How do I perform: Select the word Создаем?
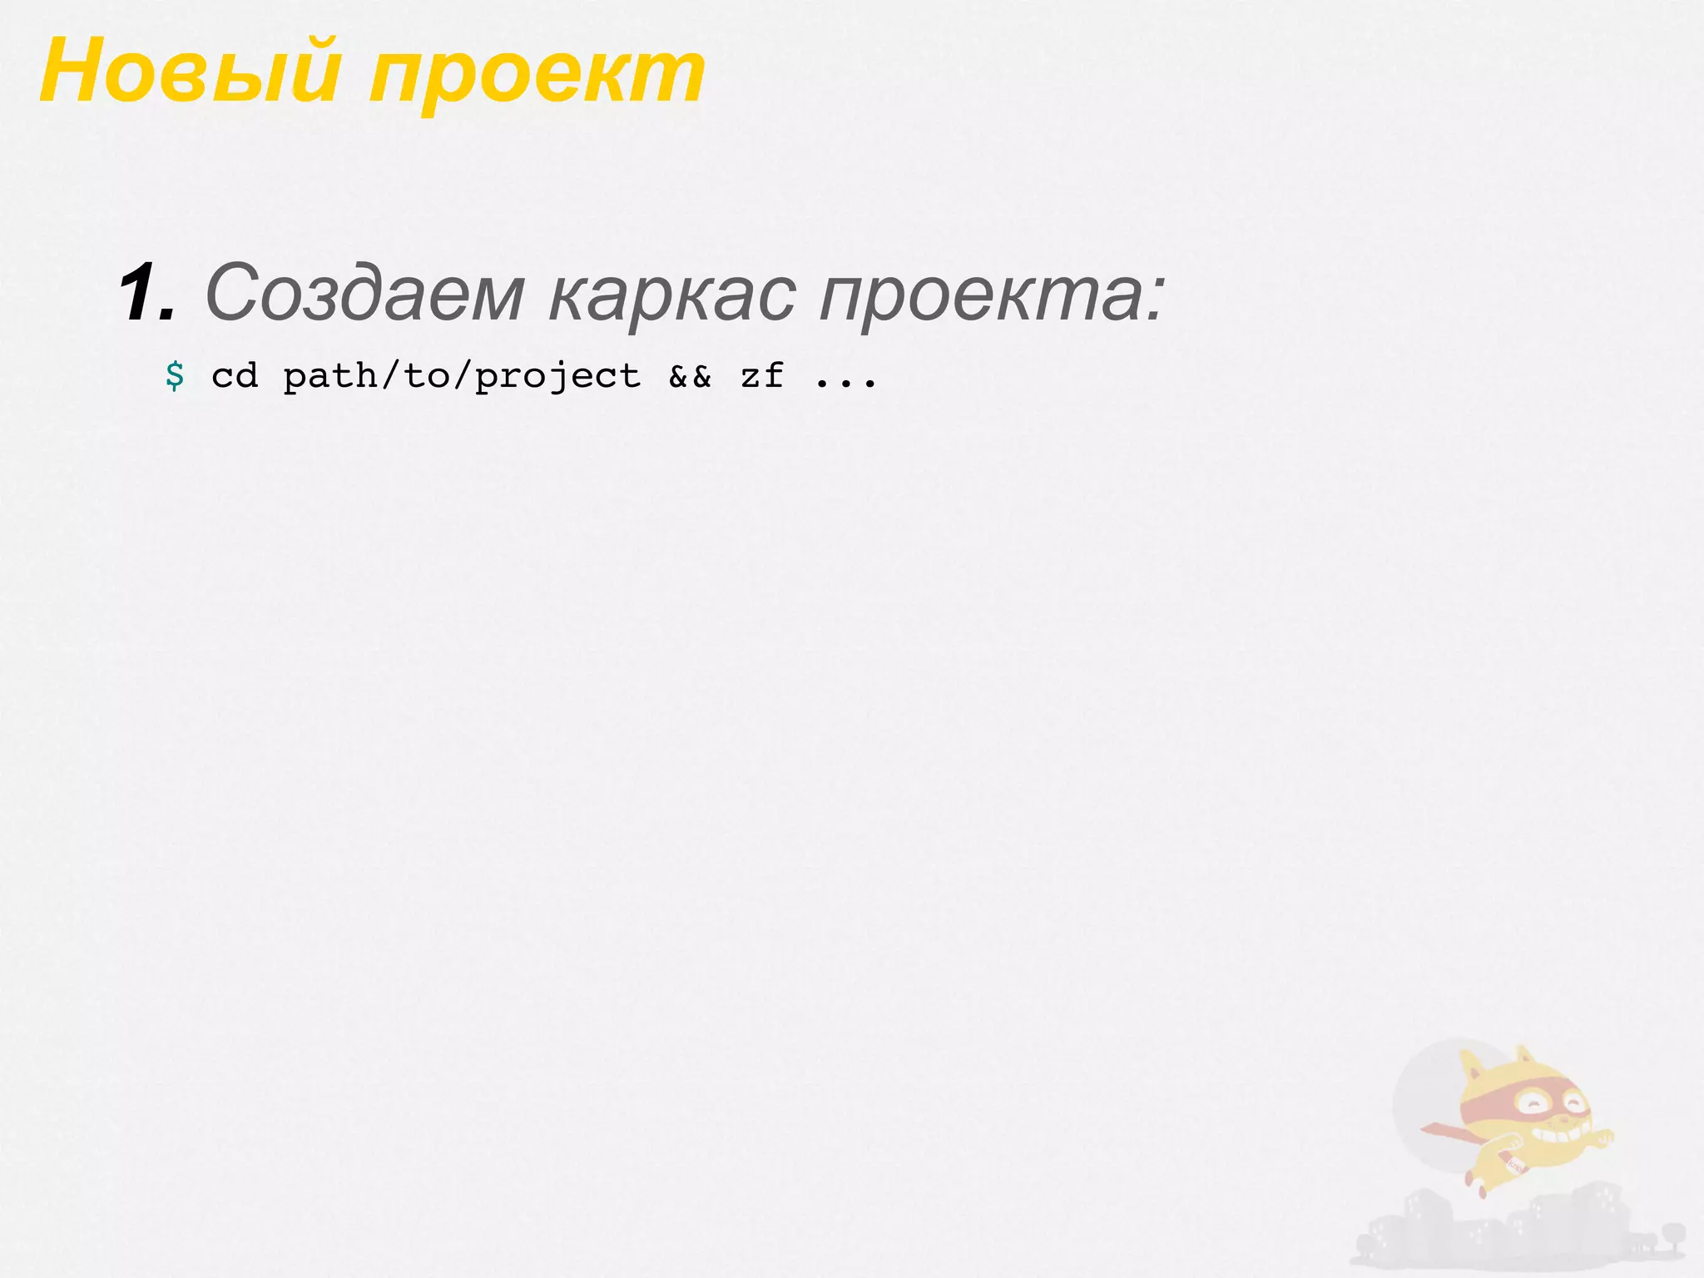click(x=364, y=293)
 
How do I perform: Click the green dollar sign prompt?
click(x=175, y=376)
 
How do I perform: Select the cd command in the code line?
click(x=235, y=376)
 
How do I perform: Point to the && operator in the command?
click(x=691, y=377)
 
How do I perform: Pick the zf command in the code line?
click(x=762, y=376)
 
